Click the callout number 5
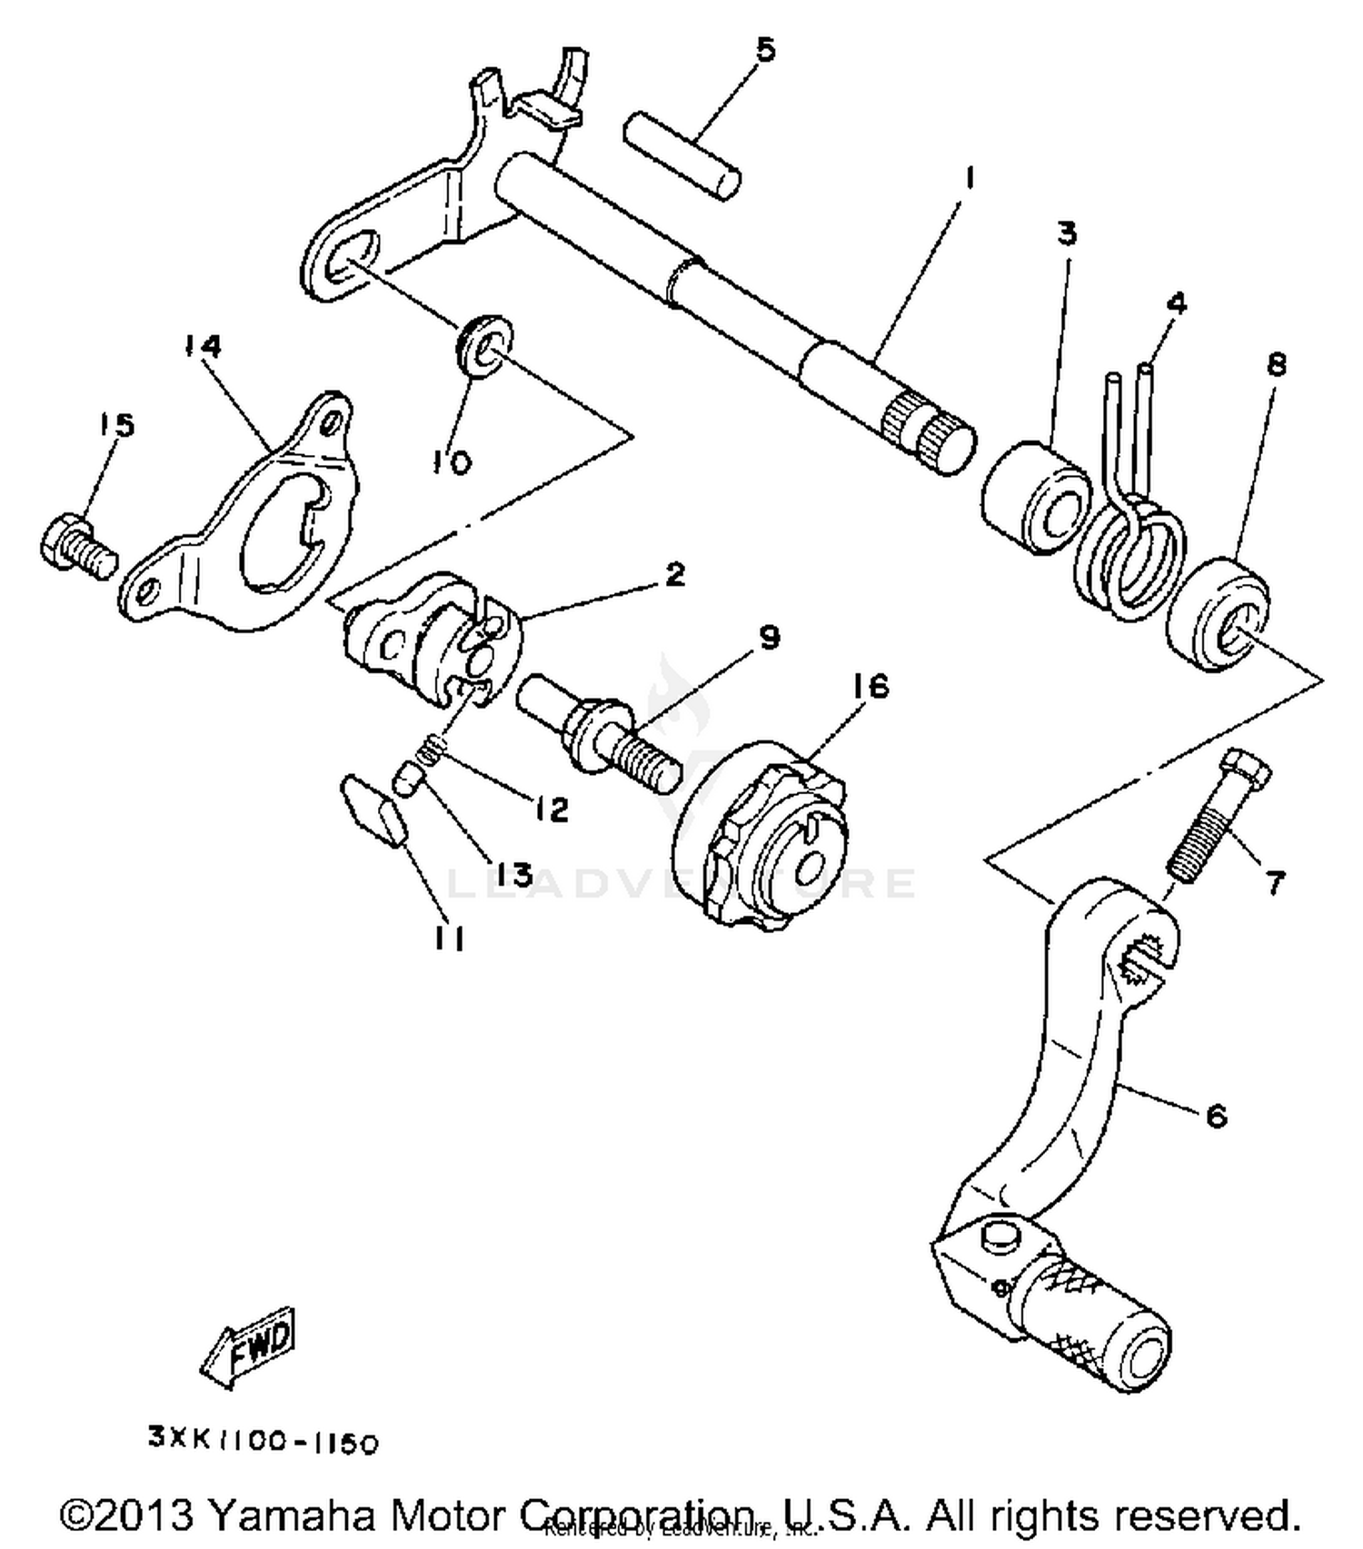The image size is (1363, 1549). (766, 49)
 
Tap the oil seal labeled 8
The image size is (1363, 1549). (1218, 616)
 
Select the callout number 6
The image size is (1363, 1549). (1216, 1114)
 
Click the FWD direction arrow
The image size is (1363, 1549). (247, 1346)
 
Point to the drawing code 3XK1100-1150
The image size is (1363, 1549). (264, 1443)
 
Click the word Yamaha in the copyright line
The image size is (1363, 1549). (280, 1514)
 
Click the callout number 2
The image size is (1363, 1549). (673, 574)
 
